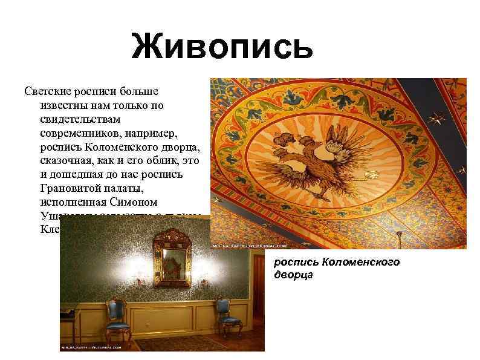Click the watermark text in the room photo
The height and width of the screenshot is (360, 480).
click(91, 348)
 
